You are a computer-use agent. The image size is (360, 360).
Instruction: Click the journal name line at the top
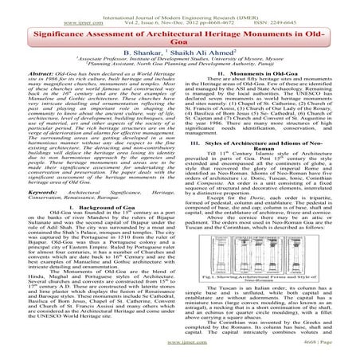click(179, 7)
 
